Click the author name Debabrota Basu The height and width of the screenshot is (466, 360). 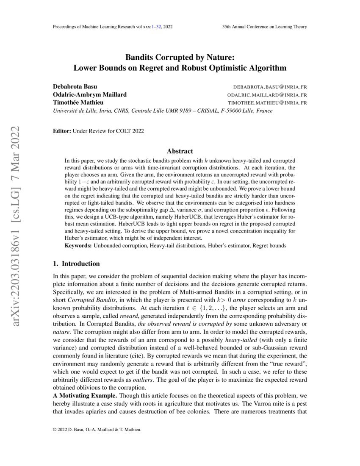75,87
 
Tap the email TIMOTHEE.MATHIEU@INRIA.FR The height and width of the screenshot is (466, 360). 267,103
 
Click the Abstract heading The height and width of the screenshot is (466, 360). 180,151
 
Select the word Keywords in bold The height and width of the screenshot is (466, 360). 78,245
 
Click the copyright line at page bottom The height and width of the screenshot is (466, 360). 97,430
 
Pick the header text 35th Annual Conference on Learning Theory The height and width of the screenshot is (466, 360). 264,27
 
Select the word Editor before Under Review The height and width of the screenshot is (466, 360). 61,131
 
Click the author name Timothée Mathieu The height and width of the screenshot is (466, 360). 78,103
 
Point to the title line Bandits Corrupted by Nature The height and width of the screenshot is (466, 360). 180,57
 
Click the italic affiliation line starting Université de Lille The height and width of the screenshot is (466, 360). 162,111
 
